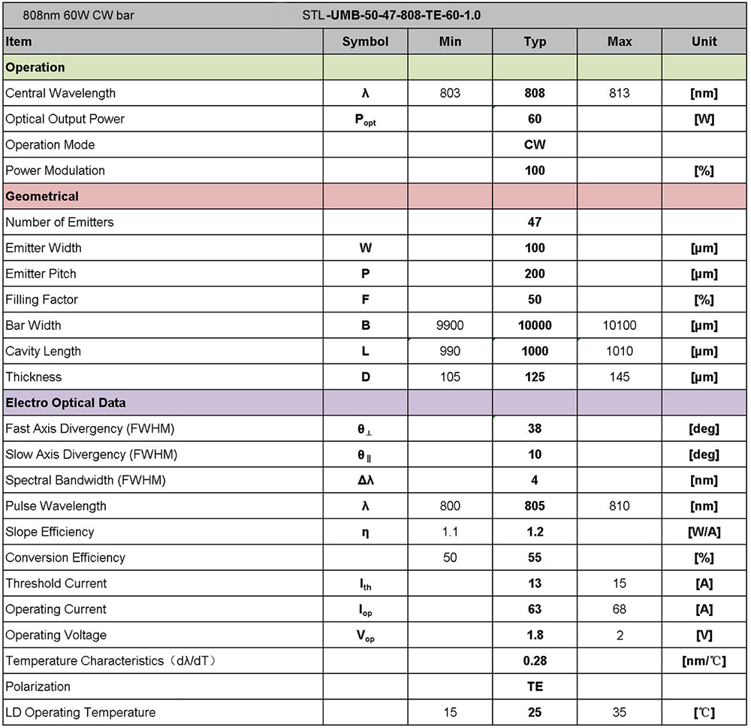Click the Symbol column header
[x=365, y=41]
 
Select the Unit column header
[x=704, y=41]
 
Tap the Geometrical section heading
[x=42, y=196]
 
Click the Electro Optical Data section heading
[x=65, y=403]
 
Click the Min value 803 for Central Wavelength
[x=449, y=93]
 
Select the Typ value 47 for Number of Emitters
[x=535, y=222]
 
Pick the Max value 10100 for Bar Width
[x=620, y=325]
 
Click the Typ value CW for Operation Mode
[x=535, y=144]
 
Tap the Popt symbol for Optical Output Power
[x=365, y=119]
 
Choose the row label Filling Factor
[x=41, y=299]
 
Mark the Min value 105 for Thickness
[x=449, y=376]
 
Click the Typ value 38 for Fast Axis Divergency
[x=535, y=428]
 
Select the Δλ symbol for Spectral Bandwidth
[x=365, y=480]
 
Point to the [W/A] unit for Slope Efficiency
[x=704, y=531]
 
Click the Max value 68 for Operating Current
[x=620, y=609]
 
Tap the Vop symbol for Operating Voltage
[x=365, y=636]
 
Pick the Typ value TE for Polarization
[x=535, y=686]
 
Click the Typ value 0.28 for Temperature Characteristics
[x=535, y=660]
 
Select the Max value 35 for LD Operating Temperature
[x=620, y=712]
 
